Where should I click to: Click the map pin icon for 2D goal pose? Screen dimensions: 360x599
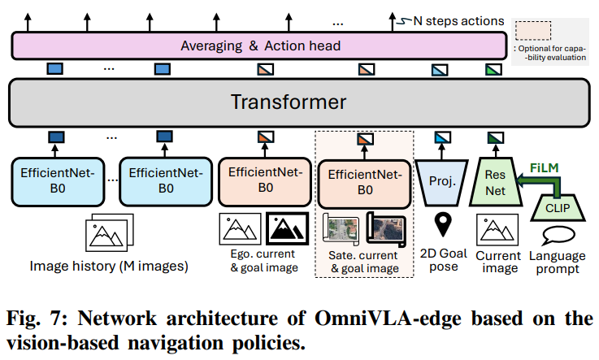point(443,223)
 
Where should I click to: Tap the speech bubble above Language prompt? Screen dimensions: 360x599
point(557,236)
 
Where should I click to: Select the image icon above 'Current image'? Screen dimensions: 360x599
point(497,230)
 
